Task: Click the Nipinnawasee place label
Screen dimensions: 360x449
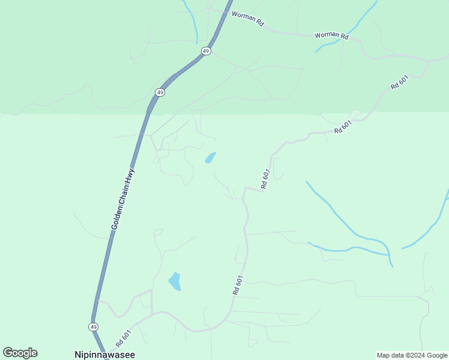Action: [104, 355]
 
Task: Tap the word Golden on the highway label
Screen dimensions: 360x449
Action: [117, 217]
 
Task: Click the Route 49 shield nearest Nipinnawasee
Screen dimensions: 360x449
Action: [93, 326]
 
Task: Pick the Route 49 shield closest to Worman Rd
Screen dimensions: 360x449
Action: [206, 52]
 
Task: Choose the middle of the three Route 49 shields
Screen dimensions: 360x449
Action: [159, 92]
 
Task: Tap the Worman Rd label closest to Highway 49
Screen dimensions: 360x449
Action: [248, 21]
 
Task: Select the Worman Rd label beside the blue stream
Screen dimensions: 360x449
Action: [332, 36]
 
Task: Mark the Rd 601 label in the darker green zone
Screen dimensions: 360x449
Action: [399, 82]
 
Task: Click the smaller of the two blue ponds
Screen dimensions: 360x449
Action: [210, 158]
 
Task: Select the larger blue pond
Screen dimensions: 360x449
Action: [175, 281]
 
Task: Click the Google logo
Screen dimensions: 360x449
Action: [20, 353]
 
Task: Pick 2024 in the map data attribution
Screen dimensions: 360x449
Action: [417, 355]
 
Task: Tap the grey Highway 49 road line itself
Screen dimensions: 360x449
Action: [137, 144]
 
